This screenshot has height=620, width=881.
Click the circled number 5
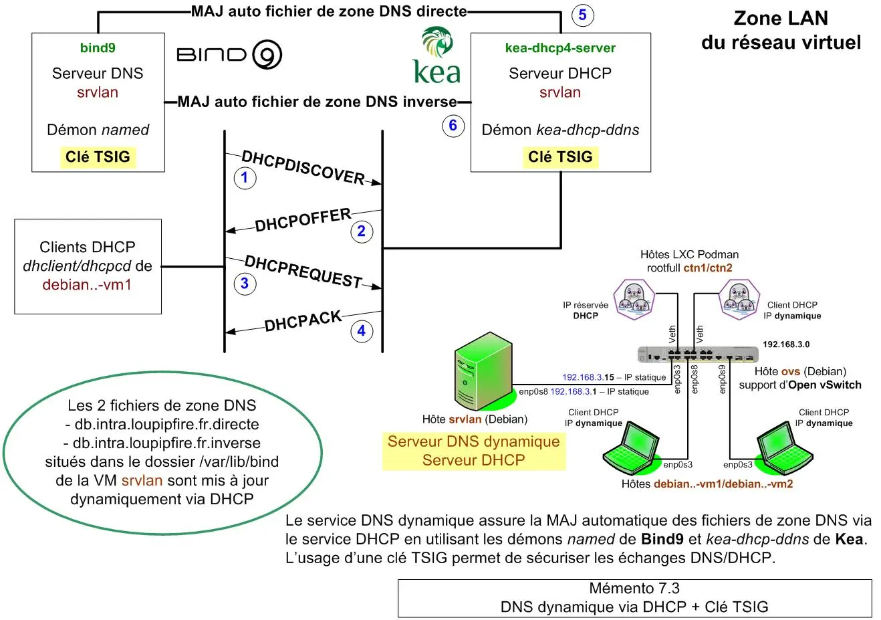coord(582,15)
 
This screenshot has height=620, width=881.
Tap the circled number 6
coord(453,125)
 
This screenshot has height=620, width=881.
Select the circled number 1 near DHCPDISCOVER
coord(245,177)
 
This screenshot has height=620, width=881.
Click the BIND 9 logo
coord(229,55)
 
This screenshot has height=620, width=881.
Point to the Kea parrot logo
coord(437,56)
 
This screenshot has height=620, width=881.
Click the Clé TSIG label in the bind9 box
coord(98,157)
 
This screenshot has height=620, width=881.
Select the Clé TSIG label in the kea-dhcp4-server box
coord(560,157)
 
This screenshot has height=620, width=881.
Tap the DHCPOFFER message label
coord(303,220)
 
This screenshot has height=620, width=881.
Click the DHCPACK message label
coord(303,321)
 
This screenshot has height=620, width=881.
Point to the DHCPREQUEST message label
coord(303,272)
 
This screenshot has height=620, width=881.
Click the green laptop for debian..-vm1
coord(630,451)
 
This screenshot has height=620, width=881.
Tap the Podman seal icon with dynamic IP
coord(739,299)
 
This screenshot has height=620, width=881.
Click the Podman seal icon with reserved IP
coord(633,299)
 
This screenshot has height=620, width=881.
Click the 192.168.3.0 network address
coord(785,344)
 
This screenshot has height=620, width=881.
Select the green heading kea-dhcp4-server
coord(560,48)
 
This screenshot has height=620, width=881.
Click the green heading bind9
coord(98,48)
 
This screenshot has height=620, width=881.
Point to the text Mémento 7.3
coord(634,589)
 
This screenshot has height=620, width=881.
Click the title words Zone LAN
coord(780,18)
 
